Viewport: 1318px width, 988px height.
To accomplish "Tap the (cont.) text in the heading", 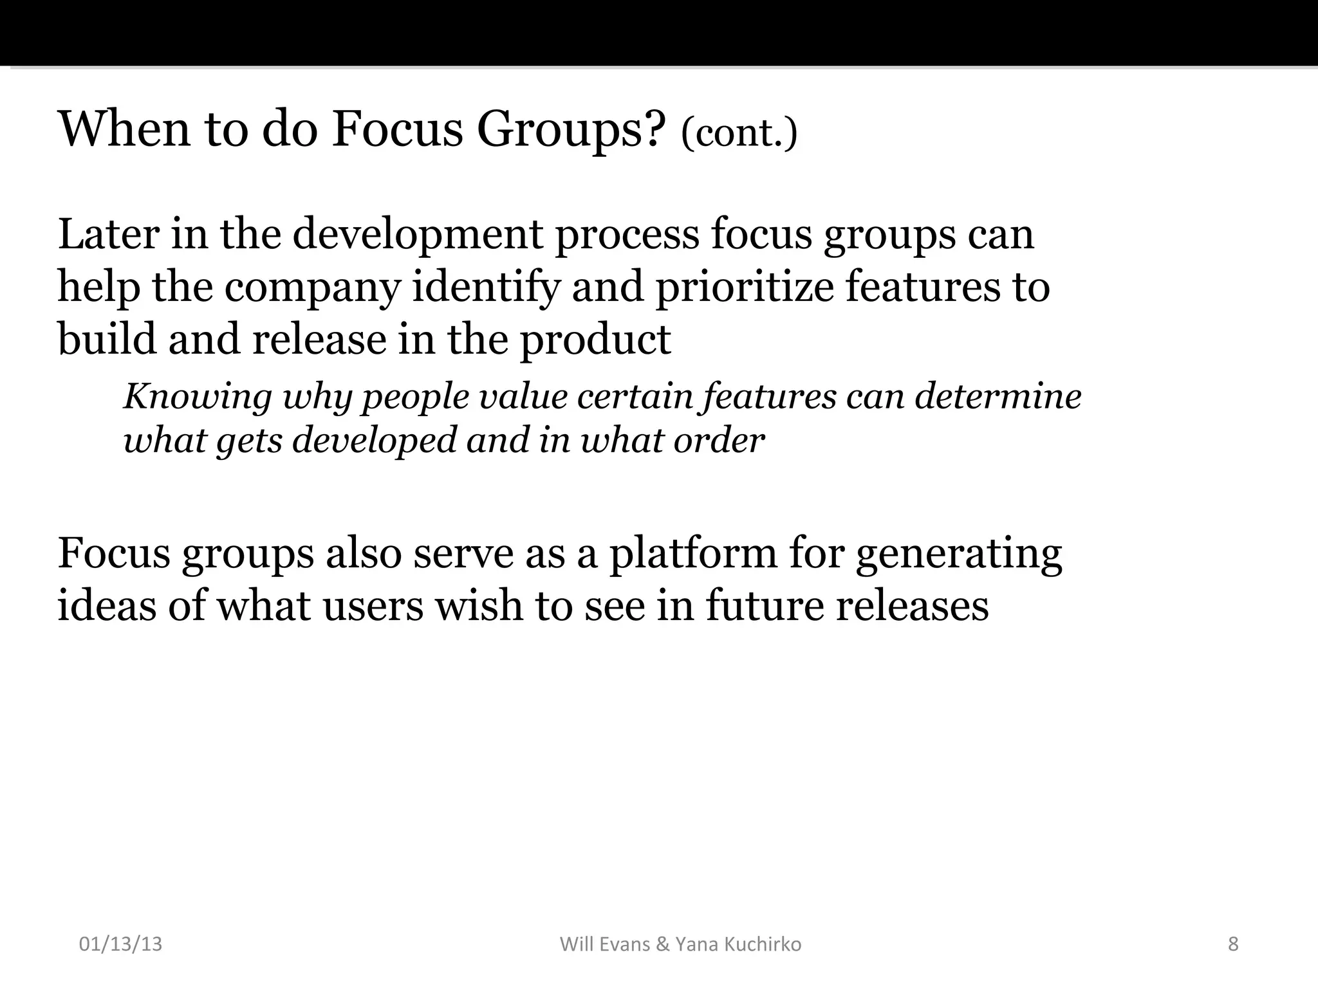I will pos(739,133).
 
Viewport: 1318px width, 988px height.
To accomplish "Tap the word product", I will pos(595,340).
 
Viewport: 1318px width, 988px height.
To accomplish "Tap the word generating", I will pos(959,554).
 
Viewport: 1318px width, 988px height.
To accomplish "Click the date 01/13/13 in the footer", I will pos(120,944).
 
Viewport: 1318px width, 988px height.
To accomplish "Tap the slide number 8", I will pos(1233,944).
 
